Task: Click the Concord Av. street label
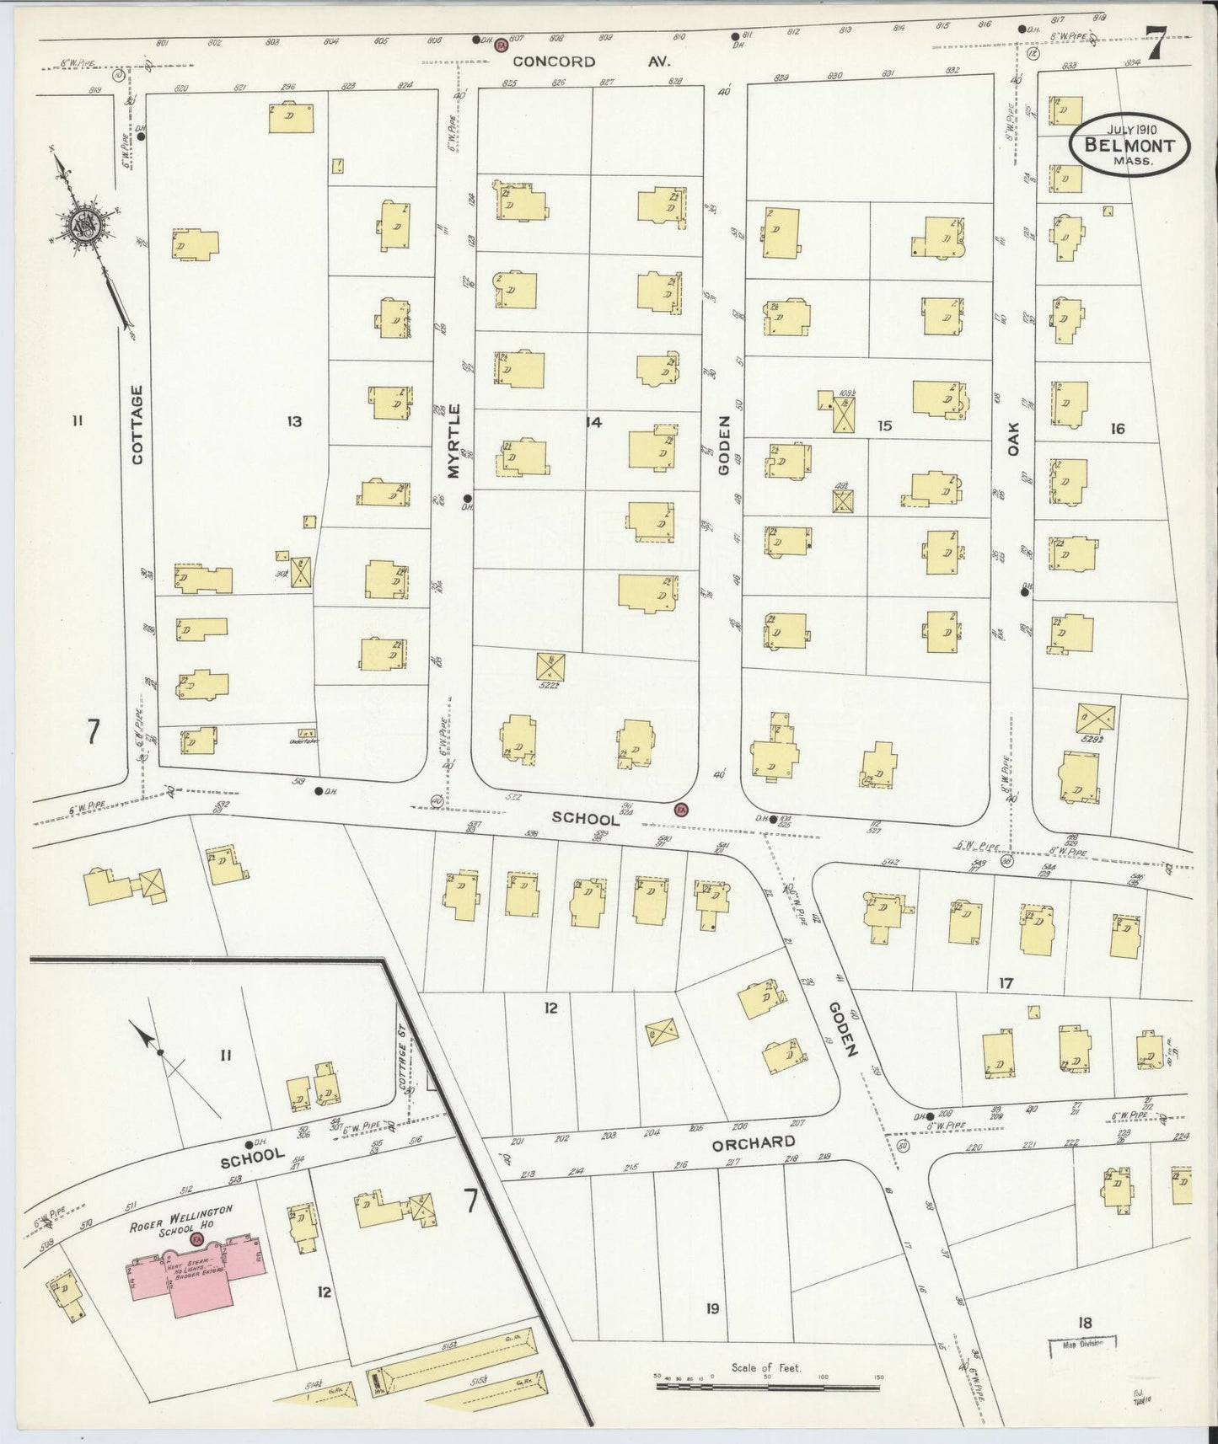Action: (x=555, y=62)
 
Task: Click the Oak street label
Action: (x=1014, y=439)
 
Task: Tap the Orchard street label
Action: (x=753, y=1143)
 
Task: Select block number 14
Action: (x=593, y=422)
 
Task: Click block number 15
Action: (x=883, y=425)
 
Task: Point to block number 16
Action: (x=1117, y=429)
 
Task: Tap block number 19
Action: (x=712, y=1308)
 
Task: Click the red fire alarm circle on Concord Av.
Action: (x=500, y=44)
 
